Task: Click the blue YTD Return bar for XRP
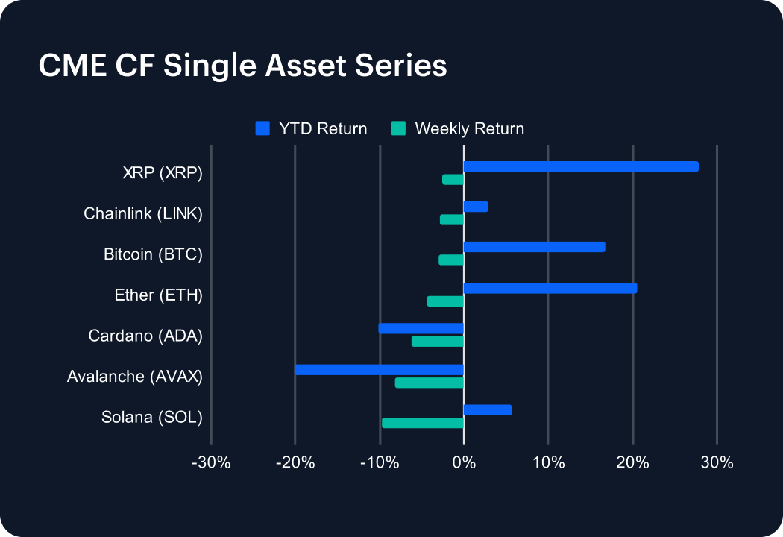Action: pos(581,166)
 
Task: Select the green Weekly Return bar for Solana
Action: pos(423,423)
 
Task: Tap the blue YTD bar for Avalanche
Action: pos(379,369)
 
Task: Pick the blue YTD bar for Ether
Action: pos(550,288)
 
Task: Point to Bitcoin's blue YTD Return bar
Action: pos(534,247)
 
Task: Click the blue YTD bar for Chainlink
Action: pos(476,207)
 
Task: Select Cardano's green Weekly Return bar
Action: pos(438,342)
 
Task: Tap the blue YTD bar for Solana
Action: pos(488,409)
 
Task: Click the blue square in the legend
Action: pos(262,128)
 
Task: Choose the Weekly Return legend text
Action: pos(469,129)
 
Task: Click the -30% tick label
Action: pos(211,462)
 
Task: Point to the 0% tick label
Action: pos(464,462)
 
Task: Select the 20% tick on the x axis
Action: pos(632,462)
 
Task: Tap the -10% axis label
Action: pos(380,462)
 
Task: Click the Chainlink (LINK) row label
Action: pos(143,214)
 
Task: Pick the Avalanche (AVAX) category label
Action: pos(135,376)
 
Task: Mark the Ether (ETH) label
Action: pos(158,295)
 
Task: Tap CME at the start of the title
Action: pos(69,66)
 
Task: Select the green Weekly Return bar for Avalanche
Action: pos(430,383)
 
